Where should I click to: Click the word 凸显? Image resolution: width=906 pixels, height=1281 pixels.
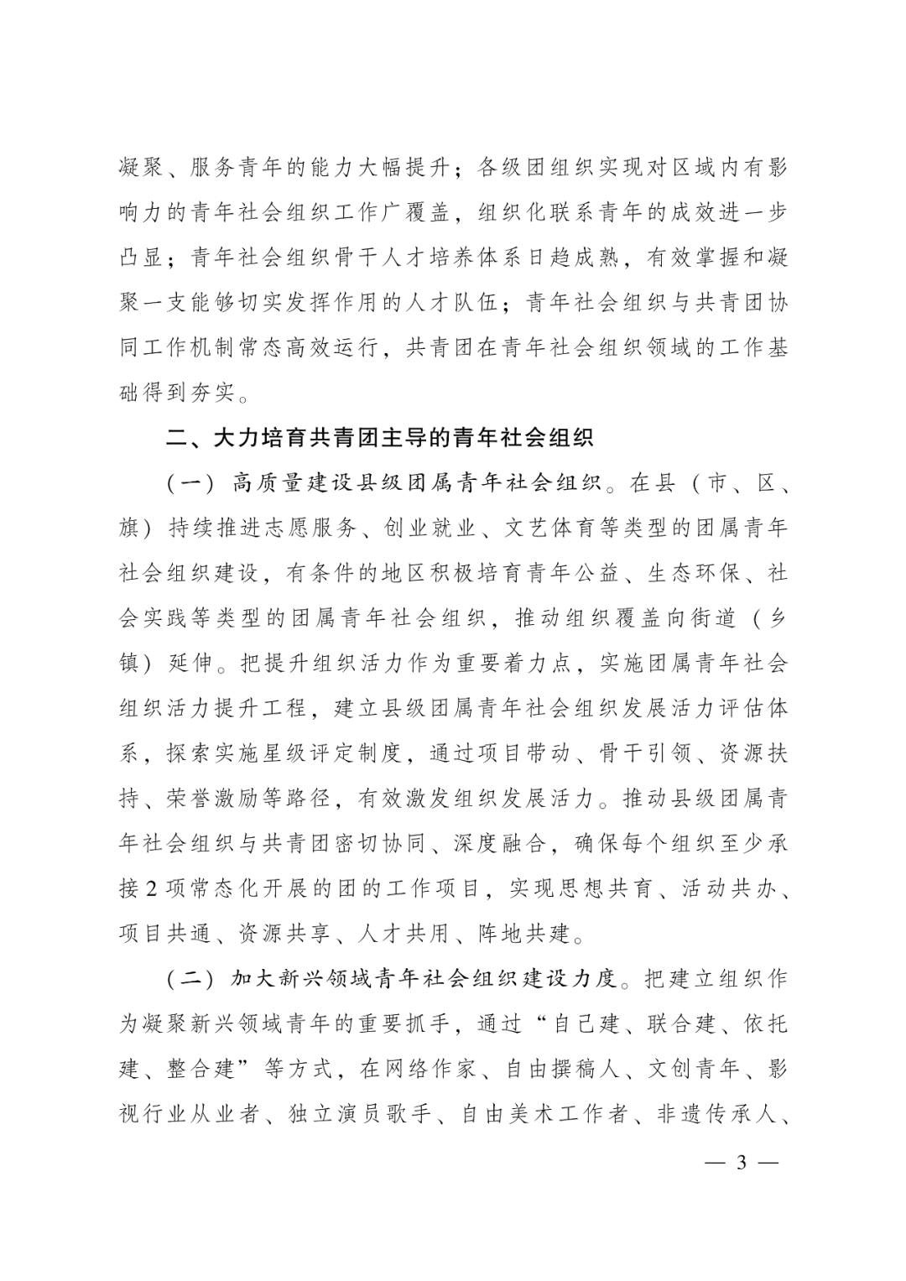pyautogui.click(x=142, y=257)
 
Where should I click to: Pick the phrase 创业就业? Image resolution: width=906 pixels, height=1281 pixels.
pyautogui.click(x=431, y=529)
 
